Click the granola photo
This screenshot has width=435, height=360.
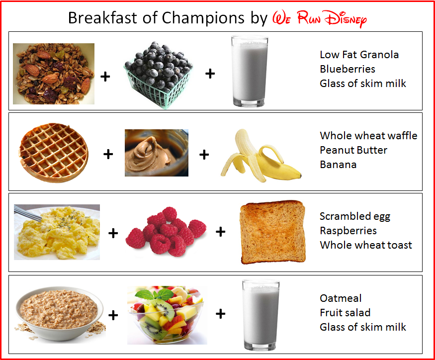point(54,74)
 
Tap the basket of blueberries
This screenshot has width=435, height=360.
point(158,75)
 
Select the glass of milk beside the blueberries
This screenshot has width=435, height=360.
point(250,71)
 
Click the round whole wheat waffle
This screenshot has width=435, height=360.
point(54,153)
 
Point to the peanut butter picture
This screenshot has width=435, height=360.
point(157,153)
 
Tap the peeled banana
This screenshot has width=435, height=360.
point(261,156)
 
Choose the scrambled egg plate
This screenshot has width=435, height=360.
point(57,232)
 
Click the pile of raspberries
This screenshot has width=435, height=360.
point(166,232)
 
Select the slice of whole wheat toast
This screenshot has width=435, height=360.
point(273,232)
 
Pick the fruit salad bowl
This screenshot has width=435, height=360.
point(167,315)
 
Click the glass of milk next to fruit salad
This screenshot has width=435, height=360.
point(261,315)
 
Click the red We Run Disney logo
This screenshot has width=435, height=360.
point(319,19)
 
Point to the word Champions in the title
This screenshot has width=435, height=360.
point(203,18)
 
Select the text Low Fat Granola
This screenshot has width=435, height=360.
point(359,55)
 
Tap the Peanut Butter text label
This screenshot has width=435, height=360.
point(353,150)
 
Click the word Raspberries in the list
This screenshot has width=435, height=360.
point(348,231)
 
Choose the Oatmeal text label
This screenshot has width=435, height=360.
point(341,298)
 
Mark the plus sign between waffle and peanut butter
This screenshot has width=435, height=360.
point(108,154)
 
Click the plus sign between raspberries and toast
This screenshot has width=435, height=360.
point(221,232)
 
